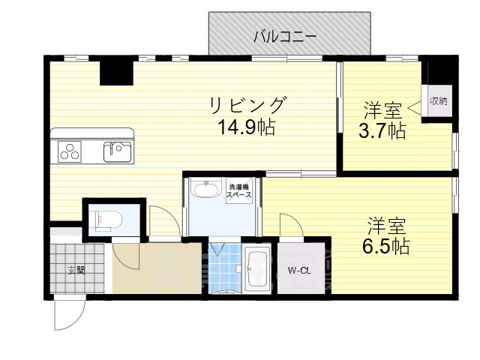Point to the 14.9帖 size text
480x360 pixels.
pos(247,127)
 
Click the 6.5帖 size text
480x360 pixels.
pos(388,245)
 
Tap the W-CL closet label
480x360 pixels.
pos(299,271)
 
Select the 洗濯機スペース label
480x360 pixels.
pos(239,190)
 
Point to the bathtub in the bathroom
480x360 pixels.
pos(257,271)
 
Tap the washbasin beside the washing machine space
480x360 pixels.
pos(204,189)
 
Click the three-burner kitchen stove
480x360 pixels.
pos(70,151)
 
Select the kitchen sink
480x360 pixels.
pos(118,150)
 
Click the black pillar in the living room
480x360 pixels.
pos(116,73)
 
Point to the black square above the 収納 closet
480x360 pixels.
pos(441,73)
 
